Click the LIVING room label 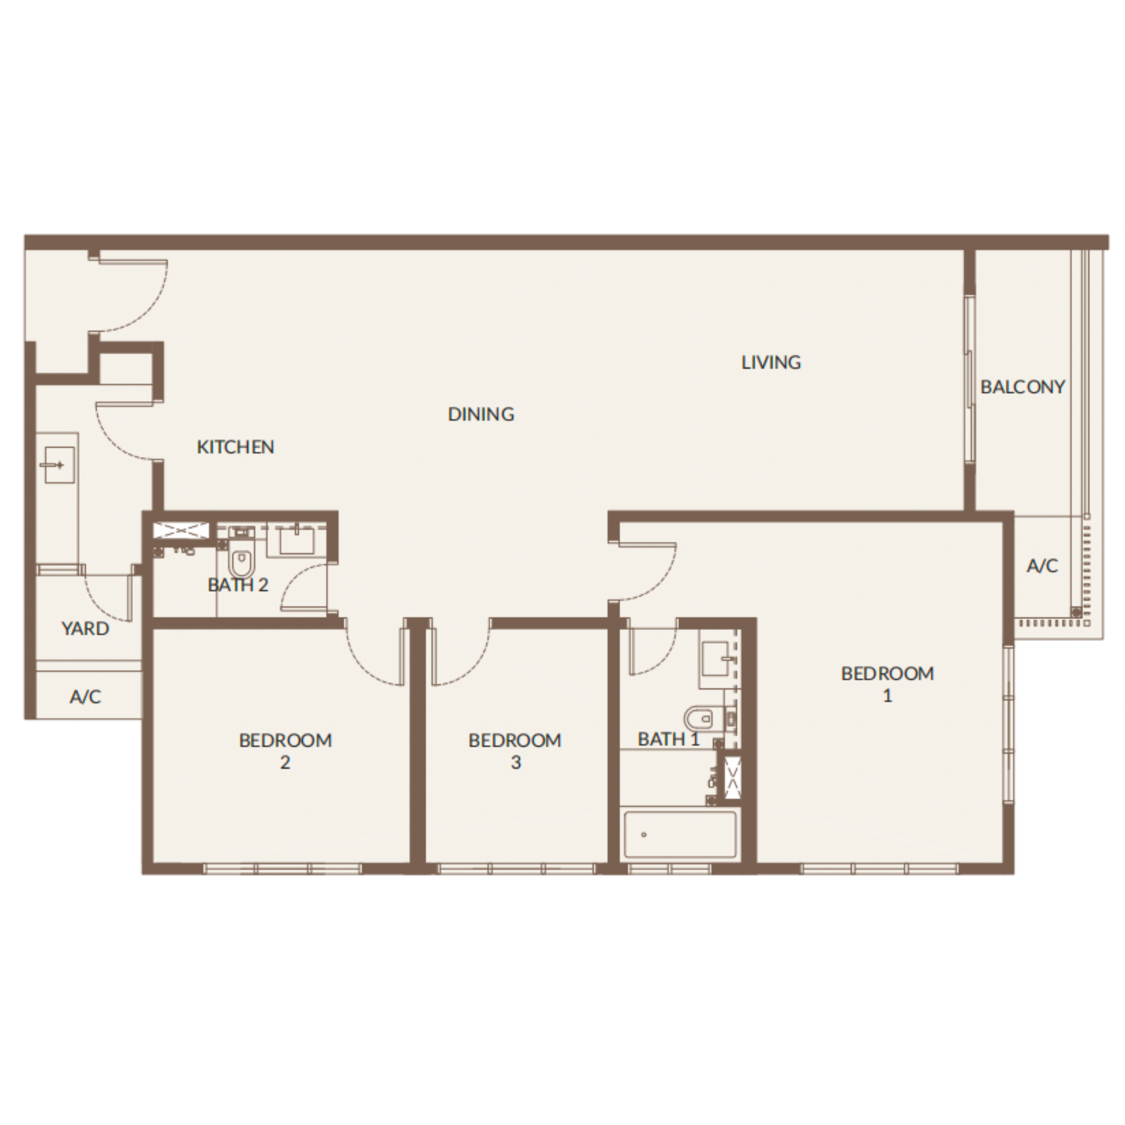coord(771,362)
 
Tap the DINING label coord(481,414)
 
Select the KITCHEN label coord(235,447)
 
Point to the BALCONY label coord(1023,386)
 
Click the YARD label coord(85,628)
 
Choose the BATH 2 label coord(238,584)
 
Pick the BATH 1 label coord(668,739)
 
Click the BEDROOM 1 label coord(888,684)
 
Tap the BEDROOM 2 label coord(285,751)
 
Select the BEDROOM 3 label coord(515,751)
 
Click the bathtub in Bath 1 coord(680,834)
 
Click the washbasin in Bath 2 coord(297,541)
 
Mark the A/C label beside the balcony coord(1042,565)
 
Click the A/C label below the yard coord(85,696)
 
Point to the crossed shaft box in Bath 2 coord(181,530)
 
